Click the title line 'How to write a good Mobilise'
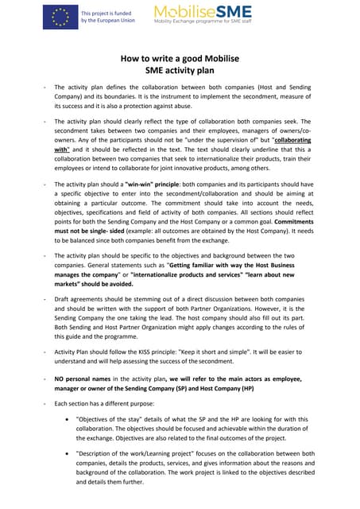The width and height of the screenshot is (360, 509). click(180, 58)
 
